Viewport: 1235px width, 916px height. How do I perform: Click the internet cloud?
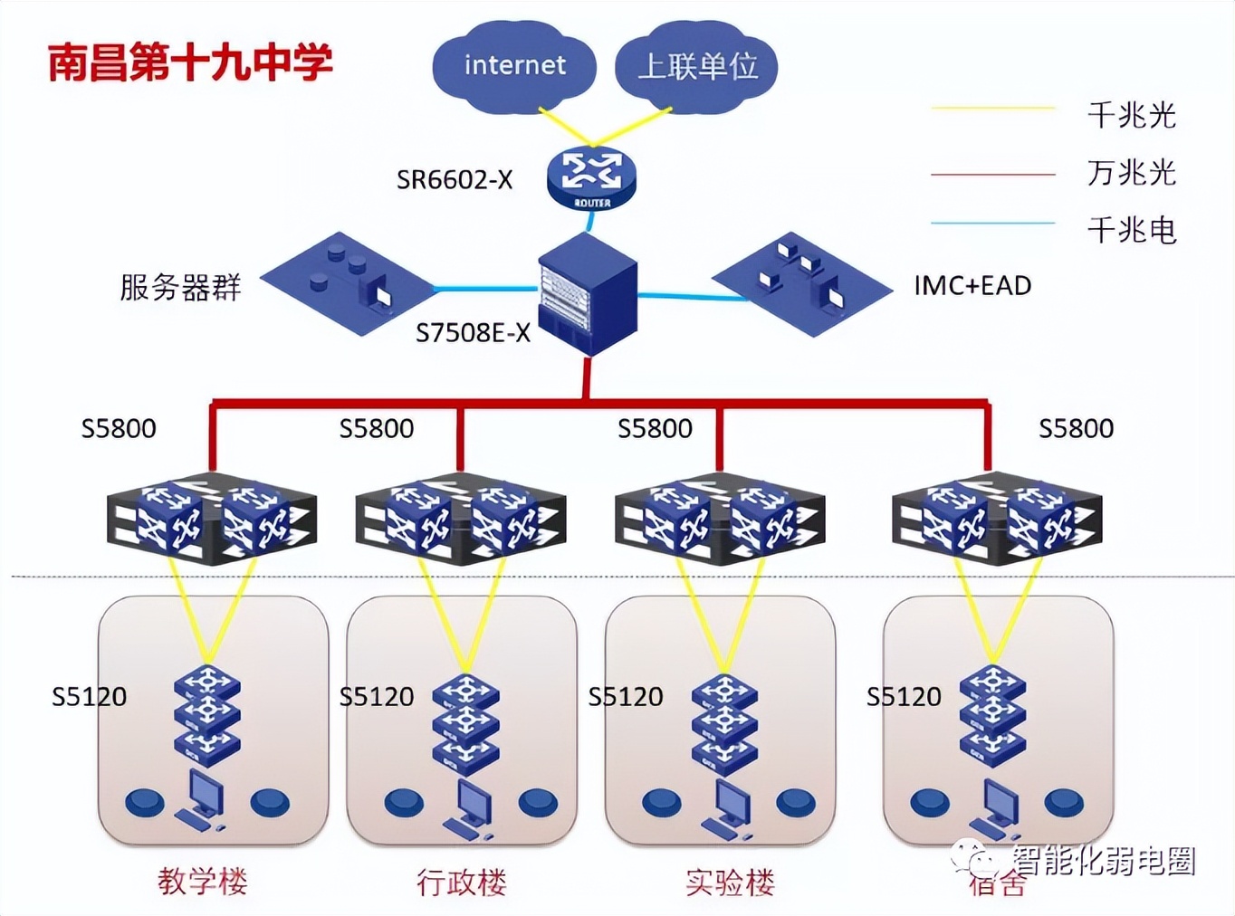[x=513, y=66]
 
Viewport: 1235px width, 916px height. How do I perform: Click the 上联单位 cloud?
[x=696, y=66]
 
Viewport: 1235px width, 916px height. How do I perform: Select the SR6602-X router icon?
[x=591, y=177]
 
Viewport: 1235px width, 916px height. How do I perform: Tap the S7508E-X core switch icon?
[x=588, y=292]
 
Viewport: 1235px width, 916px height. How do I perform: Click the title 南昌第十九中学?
[x=190, y=62]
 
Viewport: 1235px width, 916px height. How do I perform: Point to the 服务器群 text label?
[x=180, y=287]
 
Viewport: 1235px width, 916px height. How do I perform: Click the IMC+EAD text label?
[x=972, y=286]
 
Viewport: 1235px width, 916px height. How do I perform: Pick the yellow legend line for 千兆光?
[x=993, y=109]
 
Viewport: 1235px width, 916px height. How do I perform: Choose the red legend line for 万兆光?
[x=993, y=174]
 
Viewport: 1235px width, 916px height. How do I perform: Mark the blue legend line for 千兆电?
[x=993, y=223]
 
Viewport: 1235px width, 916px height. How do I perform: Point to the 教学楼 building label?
[x=202, y=881]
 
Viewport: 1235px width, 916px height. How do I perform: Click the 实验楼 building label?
[x=730, y=882]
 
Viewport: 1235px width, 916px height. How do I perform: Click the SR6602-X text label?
[x=455, y=180]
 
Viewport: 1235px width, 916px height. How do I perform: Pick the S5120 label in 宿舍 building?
[x=904, y=696]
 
